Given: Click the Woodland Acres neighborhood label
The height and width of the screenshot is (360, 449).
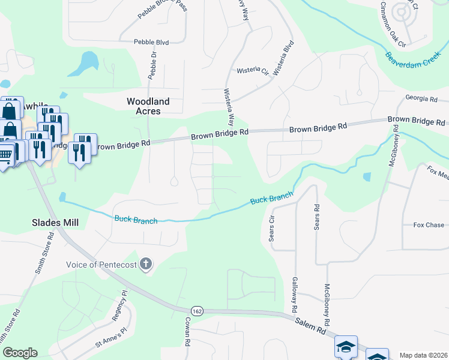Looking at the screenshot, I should (x=148, y=106).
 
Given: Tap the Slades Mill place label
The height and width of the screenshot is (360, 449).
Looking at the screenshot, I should (x=55, y=222).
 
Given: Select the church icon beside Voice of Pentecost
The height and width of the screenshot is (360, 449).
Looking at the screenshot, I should (x=146, y=264).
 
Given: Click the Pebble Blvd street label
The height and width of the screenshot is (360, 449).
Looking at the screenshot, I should (x=152, y=42).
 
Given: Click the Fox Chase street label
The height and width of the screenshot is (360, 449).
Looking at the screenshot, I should (x=429, y=225).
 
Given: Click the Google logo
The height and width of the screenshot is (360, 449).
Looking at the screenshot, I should (x=19, y=353).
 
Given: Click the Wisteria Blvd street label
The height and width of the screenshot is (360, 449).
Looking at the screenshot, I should (x=283, y=58).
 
